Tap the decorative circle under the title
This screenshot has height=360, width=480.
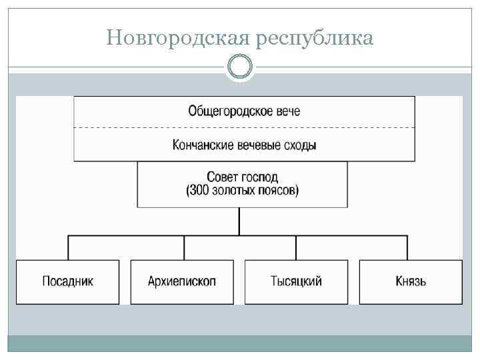click(x=239, y=67)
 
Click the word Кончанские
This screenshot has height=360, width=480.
click(x=201, y=145)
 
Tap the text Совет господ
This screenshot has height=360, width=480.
click(x=243, y=177)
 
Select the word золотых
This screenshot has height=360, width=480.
click(x=235, y=191)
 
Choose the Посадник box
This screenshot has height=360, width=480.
click(x=68, y=281)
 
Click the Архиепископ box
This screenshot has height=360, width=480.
click(x=182, y=281)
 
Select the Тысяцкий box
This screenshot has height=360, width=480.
click(x=297, y=281)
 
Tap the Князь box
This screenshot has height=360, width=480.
click(x=411, y=281)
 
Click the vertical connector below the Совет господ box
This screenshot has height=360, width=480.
click(x=239, y=221)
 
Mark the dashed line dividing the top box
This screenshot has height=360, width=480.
click(x=244, y=127)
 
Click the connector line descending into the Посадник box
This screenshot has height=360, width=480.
click(x=68, y=247)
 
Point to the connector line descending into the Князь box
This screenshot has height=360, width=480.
click(x=407, y=247)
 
